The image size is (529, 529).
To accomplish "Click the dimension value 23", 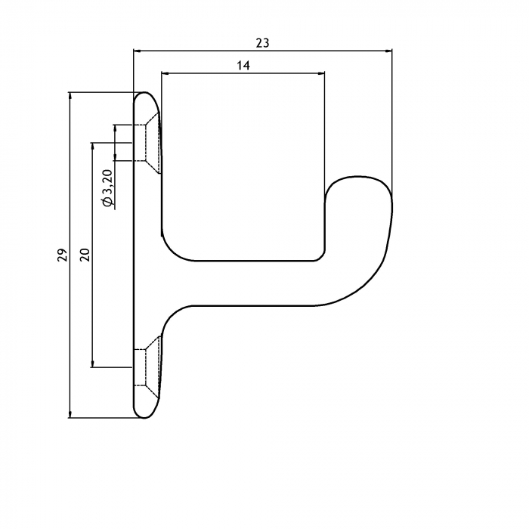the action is click(x=262, y=43).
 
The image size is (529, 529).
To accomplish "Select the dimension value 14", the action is click(x=243, y=66).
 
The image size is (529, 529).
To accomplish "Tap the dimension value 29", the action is click(x=63, y=255).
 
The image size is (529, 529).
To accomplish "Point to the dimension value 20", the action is click(x=85, y=255).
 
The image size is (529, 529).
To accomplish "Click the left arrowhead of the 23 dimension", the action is click(x=137, y=51).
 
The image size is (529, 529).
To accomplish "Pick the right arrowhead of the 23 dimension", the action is click(x=388, y=51).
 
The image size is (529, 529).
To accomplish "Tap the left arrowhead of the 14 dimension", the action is click(x=165, y=73).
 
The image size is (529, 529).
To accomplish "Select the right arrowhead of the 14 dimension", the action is click(x=321, y=73).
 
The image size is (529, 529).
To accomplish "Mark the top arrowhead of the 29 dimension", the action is click(x=70, y=96).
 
